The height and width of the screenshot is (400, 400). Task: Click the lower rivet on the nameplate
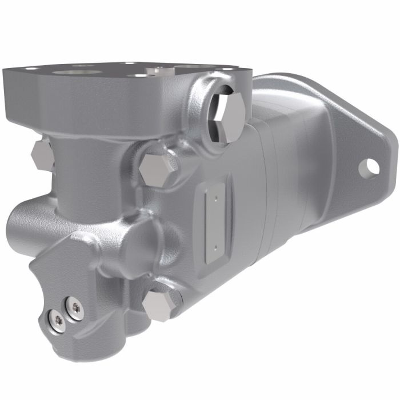(215, 247)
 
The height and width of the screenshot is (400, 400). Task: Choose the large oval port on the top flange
(74, 73)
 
